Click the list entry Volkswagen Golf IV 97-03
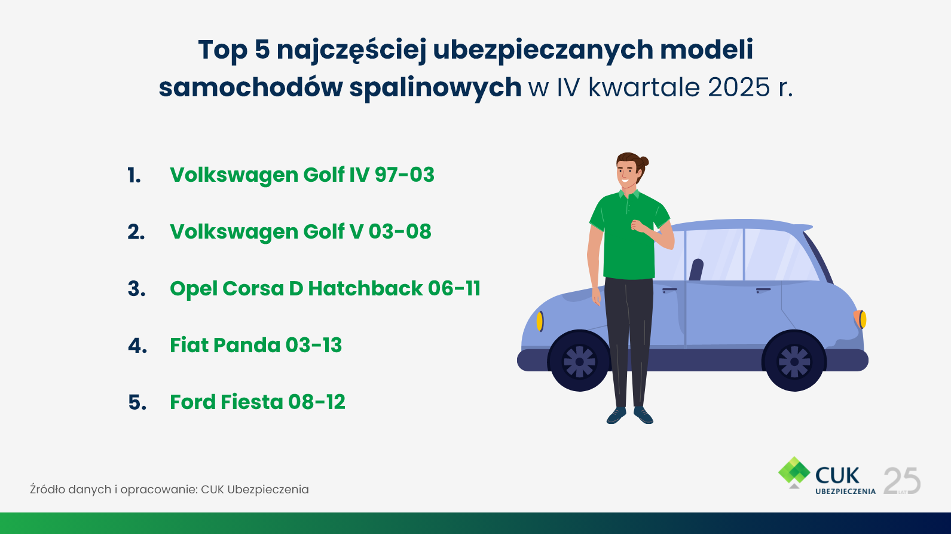pos(302,175)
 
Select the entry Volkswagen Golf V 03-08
pos(301,231)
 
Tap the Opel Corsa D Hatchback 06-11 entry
pos(325,288)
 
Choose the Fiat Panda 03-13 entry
pos(256,345)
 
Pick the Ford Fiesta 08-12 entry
pos(258,402)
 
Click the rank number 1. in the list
pos(134,175)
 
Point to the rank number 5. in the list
pos(137,402)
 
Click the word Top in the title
pos(223,50)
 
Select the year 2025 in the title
pos(739,87)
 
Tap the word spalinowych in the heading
pos(436,87)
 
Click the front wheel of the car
pos(580,361)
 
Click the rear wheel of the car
pos(794,361)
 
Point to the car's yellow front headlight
pos(540,321)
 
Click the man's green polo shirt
pos(629,234)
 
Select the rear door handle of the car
pos(763,291)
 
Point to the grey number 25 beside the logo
pos(902,480)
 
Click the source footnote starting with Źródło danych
pos(169,489)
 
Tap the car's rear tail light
pos(861,319)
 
